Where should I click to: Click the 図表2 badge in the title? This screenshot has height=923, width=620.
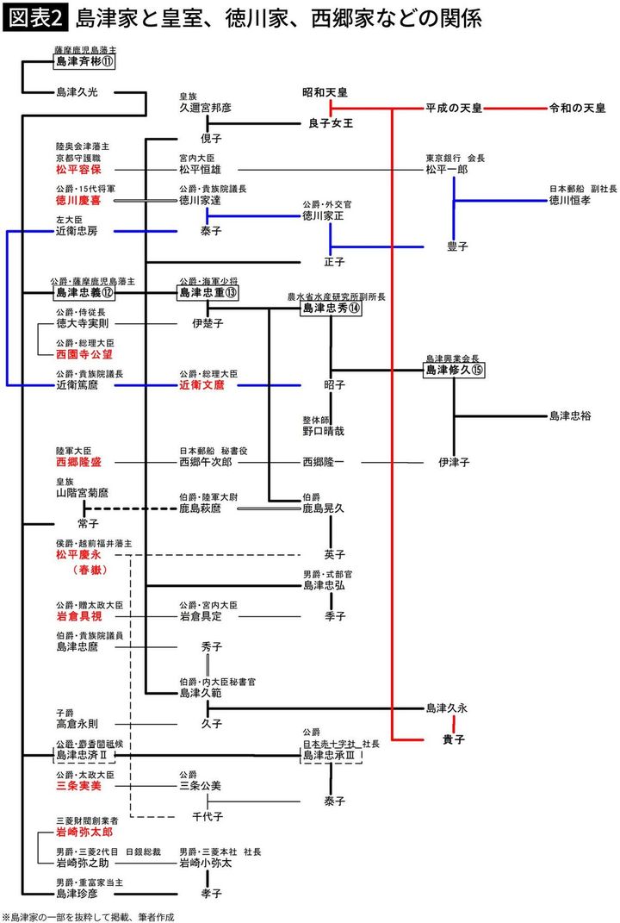pyautogui.click(x=34, y=18)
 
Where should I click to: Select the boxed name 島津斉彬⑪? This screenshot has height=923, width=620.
pyautogui.click(x=84, y=62)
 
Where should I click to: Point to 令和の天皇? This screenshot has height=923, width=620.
pyautogui.click(x=577, y=109)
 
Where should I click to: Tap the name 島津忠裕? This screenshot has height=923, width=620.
pyautogui.click(x=570, y=416)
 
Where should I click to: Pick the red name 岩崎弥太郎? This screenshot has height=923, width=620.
pyautogui.click(x=84, y=833)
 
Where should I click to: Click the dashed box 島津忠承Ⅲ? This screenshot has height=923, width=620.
pyautogui.click(x=332, y=756)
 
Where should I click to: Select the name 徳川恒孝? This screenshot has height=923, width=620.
pyautogui.click(x=570, y=200)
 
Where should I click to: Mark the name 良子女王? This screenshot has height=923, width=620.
pyautogui.click(x=331, y=124)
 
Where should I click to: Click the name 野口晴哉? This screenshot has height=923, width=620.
pyautogui.click(x=323, y=430)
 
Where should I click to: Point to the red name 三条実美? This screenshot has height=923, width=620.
pyautogui.click(x=77, y=786)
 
